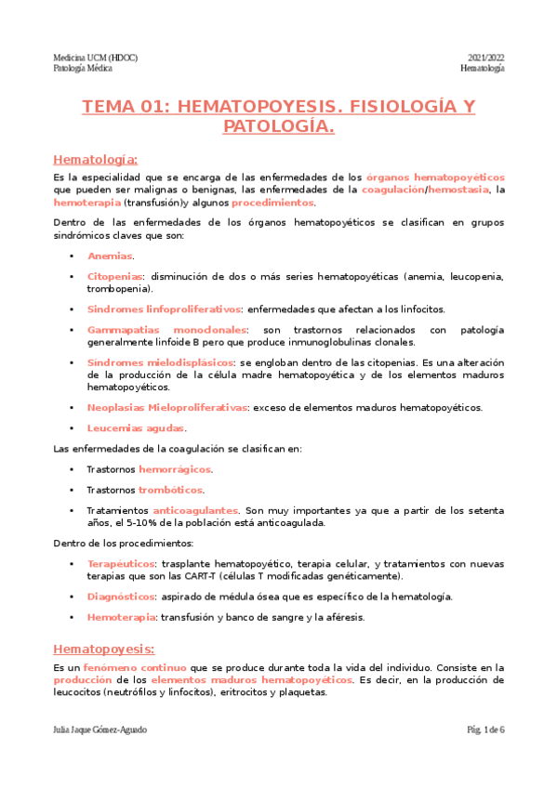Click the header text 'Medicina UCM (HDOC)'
click(x=95, y=57)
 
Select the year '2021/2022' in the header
click(x=484, y=57)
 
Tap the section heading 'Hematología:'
click(x=96, y=159)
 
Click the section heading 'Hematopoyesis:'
click(x=103, y=649)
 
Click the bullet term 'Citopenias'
click(x=115, y=277)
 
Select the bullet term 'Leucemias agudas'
click(x=137, y=428)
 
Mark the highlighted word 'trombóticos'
click(x=170, y=490)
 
